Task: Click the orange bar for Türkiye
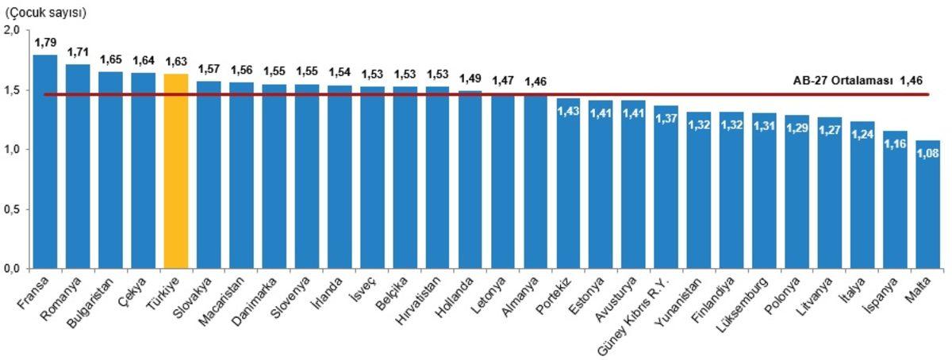tap(176, 170)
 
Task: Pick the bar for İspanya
tap(895, 199)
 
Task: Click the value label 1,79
tap(45, 41)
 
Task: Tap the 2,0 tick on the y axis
tap(11, 30)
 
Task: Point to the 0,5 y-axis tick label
tap(11, 209)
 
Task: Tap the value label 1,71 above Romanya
tap(78, 52)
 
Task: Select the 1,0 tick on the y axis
tap(11, 150)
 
